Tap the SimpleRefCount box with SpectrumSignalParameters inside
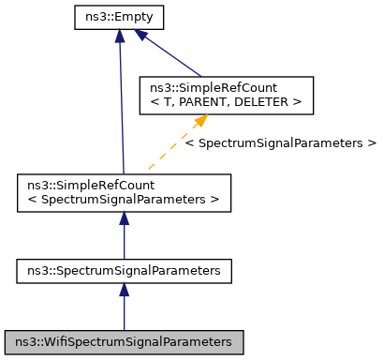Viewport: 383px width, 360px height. coord(125,190)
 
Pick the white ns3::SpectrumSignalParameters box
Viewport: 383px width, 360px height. coord(125,271)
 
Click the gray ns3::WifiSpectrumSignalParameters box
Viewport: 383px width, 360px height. coord(125,341)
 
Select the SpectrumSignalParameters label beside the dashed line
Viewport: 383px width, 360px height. coord(280,143)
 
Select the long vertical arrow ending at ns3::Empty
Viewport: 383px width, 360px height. coord(120,103)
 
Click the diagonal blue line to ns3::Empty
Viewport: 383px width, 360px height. coord(173,58)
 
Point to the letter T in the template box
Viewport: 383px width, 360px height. coord(165,101)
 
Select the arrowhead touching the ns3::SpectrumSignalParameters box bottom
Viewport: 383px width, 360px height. coord(125,291)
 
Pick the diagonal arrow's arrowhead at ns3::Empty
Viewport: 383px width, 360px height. coord(140,35)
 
